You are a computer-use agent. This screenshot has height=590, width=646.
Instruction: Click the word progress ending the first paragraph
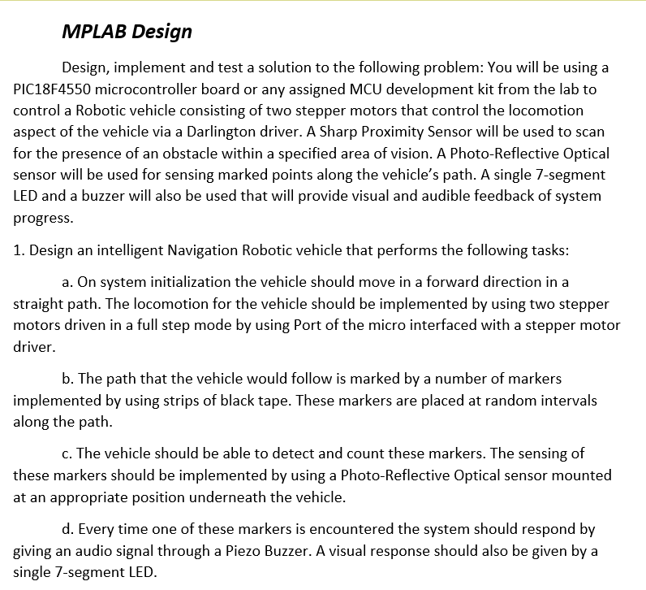point(43,218)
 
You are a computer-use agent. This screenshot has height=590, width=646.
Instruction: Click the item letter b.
point(68,379)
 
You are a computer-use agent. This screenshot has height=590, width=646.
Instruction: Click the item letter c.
point(67,453)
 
